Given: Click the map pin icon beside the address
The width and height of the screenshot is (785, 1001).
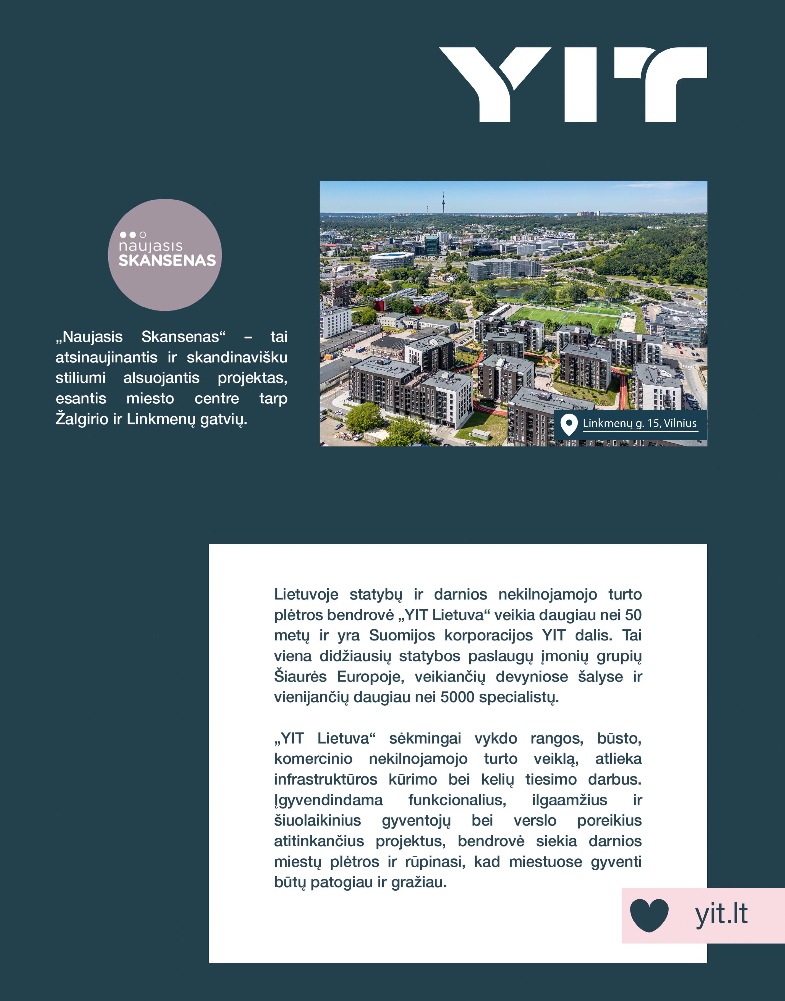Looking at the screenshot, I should [x=569, y=424].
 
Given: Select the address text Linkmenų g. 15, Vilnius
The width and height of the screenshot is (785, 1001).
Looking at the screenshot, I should [x=639, y=423].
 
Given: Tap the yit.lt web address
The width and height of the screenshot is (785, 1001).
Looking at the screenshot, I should [x=721, y=914].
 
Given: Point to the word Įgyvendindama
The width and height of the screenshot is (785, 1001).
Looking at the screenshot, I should [x=328, y=800].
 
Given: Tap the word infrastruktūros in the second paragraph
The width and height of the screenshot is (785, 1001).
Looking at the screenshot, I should [x=325, y=780].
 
